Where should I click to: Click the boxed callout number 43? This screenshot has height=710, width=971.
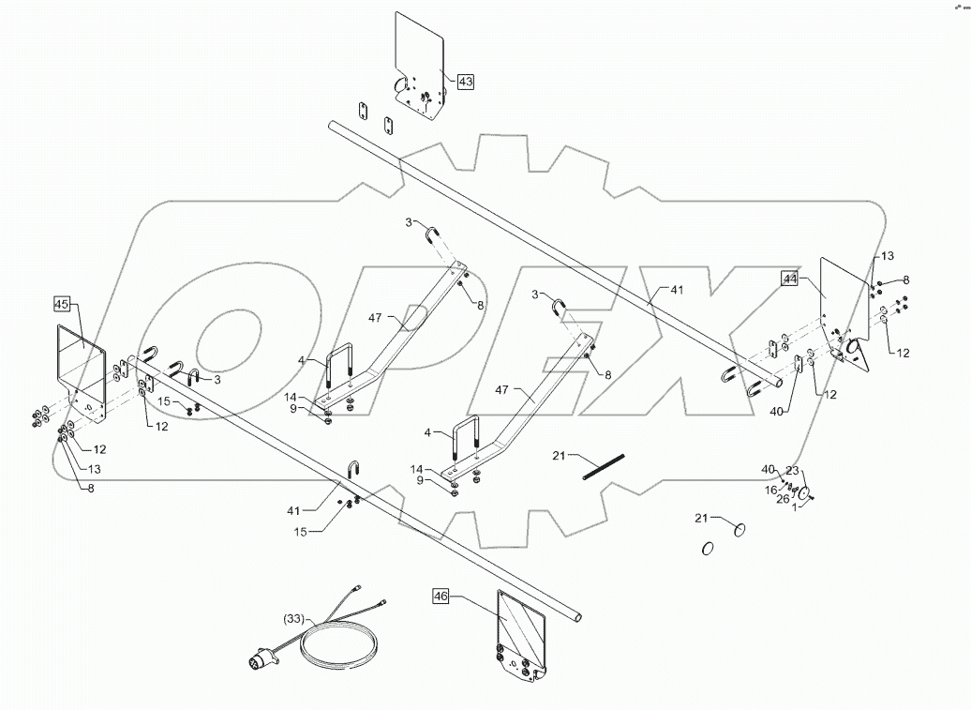click(x=465, y=82)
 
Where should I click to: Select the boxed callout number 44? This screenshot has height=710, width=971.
click(x=791, y=278)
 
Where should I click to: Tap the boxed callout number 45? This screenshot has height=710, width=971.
click(x=62, y=304)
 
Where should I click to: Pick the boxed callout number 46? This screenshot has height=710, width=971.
click(x=441, y=596)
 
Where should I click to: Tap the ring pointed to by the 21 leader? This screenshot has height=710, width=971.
click(x=739, y=531)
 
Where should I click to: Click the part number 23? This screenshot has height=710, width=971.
click(x=793, y=471)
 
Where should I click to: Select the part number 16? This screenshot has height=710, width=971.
click(x=770, y=490)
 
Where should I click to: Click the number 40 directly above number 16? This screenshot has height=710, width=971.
click(x=769, y=470)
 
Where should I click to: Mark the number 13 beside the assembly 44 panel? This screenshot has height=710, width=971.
click(x=887, y=256)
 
